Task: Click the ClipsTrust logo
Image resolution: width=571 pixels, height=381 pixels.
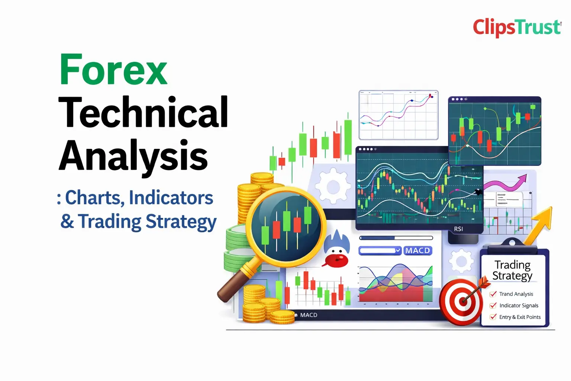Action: tap(517, 28)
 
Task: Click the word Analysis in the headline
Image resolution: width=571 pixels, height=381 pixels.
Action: tap(133, 157)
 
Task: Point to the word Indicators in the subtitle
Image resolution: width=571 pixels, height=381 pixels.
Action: tap(171, 198)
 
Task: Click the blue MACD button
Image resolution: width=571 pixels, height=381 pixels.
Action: tap(418, 251)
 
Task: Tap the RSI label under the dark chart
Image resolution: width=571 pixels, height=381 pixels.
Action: tap(458, 229)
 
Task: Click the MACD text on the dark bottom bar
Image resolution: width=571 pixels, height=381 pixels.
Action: tap(309, 315)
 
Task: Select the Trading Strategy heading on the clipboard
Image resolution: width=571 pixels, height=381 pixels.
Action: tap(512, 270)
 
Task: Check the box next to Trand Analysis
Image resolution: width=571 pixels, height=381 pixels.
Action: tap(493, 294)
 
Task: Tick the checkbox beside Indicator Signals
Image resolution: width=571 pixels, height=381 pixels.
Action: tap(493, 305)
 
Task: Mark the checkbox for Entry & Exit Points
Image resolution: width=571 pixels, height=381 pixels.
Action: tap(493, 317)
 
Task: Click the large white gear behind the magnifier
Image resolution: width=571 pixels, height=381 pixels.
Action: tap(333, 186)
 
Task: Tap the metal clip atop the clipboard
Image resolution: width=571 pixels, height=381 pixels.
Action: tap(512, 243)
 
